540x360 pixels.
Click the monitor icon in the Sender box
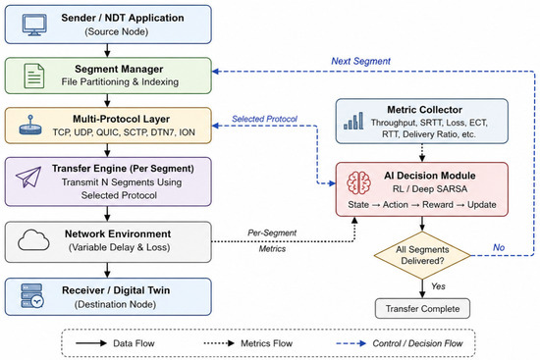click(34, 25)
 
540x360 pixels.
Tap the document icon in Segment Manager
click(34, 76)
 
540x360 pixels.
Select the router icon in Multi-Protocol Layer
click(30, 126)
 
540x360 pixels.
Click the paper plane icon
click(28, 177)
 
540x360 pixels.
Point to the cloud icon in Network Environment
click(33, 240)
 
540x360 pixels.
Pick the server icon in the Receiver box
click(32, 295)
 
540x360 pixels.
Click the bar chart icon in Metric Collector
click(353, 121)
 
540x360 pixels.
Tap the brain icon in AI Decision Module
click(358, 182)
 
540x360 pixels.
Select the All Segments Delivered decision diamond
click(422, 255)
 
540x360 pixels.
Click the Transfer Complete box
click(422, 308)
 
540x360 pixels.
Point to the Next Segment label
click(360, 61)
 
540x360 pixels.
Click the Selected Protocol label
click(264, 119)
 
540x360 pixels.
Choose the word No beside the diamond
click(499, 247)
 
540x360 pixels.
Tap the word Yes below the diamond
click(438, 286)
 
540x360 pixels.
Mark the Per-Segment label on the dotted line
click(272, 233)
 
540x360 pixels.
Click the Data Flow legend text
click(134, 343)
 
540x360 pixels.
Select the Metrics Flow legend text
click(266, 343)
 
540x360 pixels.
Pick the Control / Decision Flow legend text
click(417, 343)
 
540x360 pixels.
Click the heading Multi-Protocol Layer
click(121, 119)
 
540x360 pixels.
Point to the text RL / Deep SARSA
click(430, 189)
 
